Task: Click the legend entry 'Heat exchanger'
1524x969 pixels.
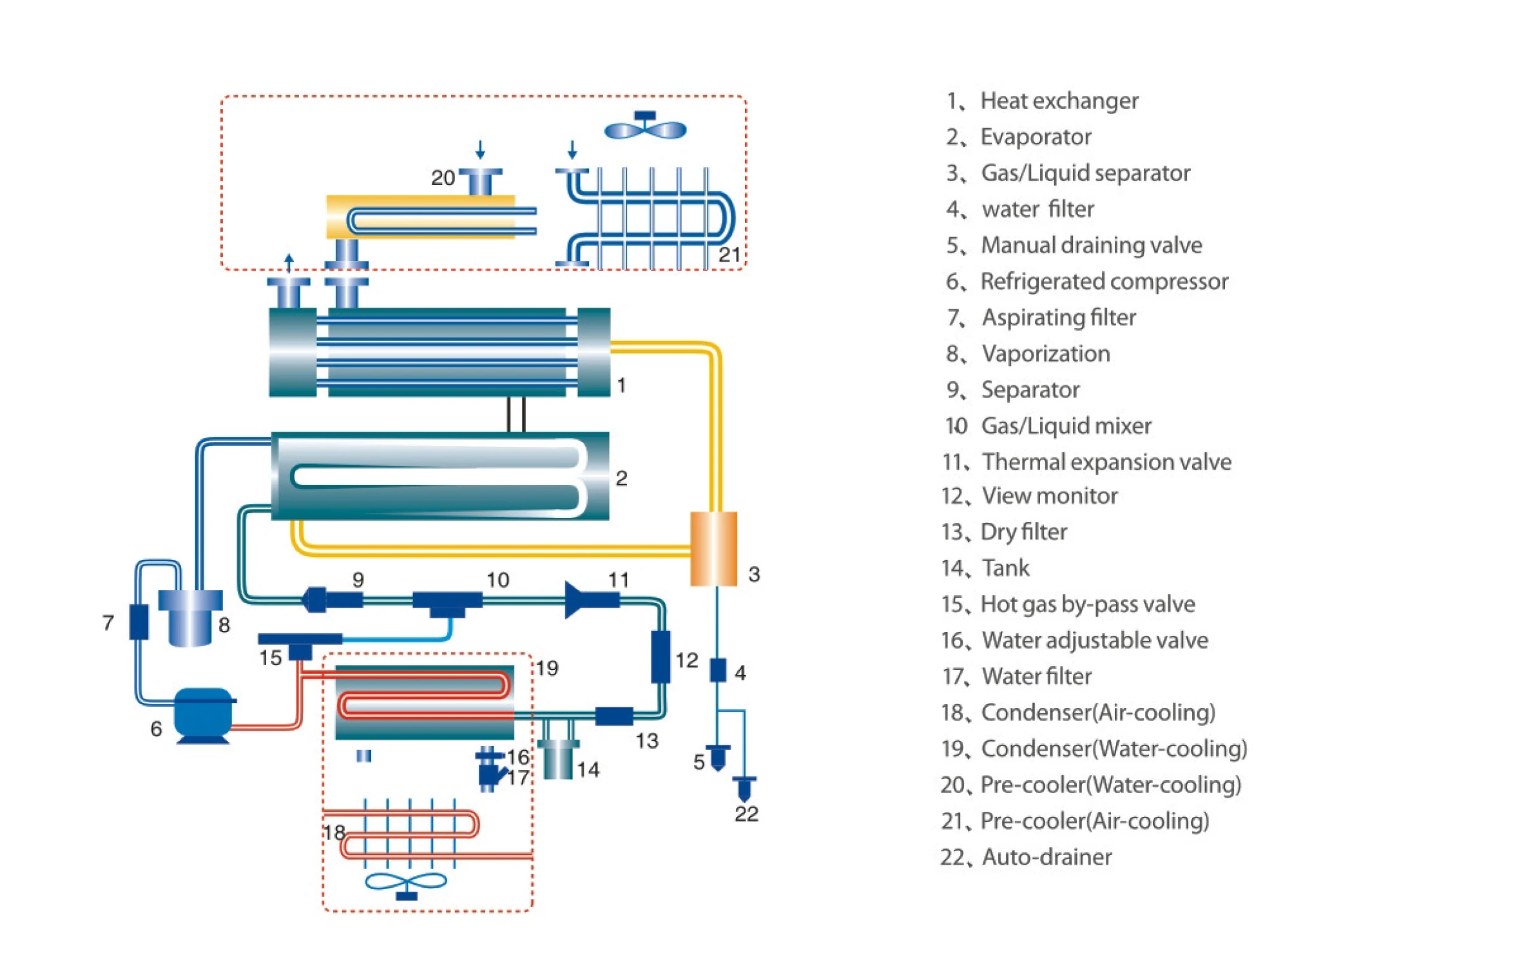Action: (1059, 101)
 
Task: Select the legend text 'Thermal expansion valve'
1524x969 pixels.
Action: (1106, 462)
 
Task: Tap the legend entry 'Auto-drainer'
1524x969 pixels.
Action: (1047, 857)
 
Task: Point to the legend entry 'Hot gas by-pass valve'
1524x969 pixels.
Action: (1087, 604)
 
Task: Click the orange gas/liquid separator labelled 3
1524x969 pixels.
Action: (713, 549)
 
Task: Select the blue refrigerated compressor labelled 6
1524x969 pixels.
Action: (203, 715)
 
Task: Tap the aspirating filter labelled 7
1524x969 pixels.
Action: (139, 622)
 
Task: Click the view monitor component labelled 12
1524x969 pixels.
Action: (661, 657)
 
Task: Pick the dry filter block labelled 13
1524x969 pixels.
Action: (614, 716)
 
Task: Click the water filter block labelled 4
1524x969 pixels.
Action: (718, 670)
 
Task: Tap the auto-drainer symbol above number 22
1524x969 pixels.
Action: (744, 787)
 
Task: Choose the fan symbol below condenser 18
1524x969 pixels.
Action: (406, 883)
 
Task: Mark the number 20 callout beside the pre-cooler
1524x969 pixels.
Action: (443, 178)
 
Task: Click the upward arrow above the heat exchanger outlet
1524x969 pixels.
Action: (289, 263)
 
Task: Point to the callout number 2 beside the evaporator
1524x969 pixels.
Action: (621, 478)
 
